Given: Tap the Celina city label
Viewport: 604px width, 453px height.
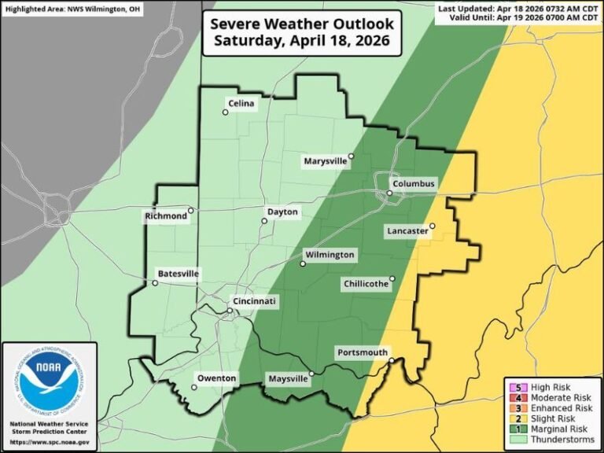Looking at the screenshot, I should pyautogui.click(x=241, y=103).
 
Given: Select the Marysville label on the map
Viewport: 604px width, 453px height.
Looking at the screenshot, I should pyautogui.click(x=326, y=161).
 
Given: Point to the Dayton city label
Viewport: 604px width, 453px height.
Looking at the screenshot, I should pyautogui.click(x=282, y=212).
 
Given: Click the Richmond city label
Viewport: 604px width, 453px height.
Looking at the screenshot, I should pyautogui.click(x=166, y=216).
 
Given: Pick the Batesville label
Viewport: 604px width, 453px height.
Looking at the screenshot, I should pyautogui.click(x=179, y=274).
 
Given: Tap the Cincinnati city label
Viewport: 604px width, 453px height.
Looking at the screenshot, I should pyautogui.click(x=255, y=302).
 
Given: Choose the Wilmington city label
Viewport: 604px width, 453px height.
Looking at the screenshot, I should pyautogui.click(x=330, y=256).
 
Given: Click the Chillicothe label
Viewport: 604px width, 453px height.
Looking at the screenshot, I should pyautogui.click(x=366, y=284).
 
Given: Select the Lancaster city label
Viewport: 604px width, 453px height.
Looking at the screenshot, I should pyautogui.click(x=407, y=231).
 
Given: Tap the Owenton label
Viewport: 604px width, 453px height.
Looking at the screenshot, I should pyautogui.click(x=216, y=379).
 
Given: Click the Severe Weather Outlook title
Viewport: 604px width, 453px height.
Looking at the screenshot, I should pyautogui.click(x=303, y=31).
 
